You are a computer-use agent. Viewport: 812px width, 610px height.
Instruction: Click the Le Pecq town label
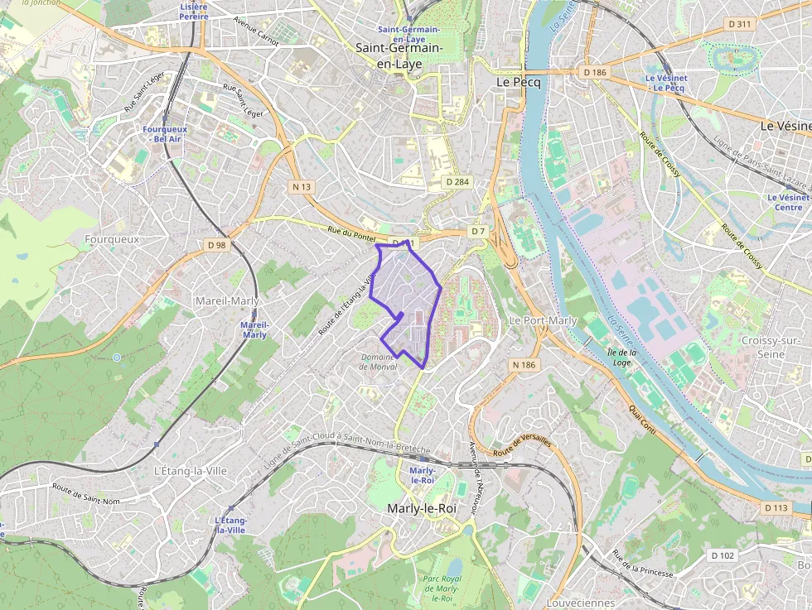click(x=519, y=83)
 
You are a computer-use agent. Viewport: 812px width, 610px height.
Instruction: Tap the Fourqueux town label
click(x=112, y=238)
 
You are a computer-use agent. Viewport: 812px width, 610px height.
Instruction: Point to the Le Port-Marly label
click(x=542, y=320)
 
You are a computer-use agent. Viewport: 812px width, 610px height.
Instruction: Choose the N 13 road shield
click(x=302, y=187)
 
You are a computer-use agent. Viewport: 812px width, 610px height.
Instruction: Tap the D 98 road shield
click(x=216, y=245)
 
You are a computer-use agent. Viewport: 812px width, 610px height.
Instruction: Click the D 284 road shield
click(x=457, y=181)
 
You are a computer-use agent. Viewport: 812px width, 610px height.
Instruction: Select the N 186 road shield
click(x=524, y=364)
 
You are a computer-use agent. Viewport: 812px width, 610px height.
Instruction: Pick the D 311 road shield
click(x=738, y=24)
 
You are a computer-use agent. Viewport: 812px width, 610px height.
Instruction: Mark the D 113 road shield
click(x=776, y=507)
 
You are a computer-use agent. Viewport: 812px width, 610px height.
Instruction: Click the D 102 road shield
click(x=723, y=555)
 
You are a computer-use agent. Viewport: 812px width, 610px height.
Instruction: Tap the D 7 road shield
click(x=478, y=231)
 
